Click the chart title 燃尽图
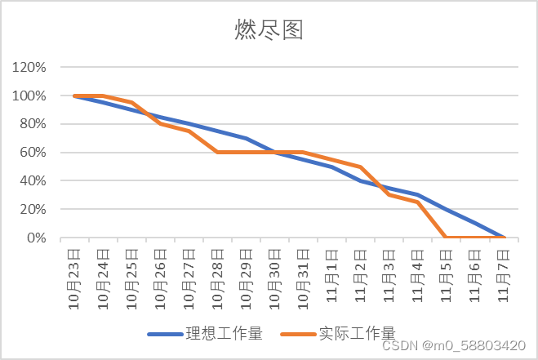269,30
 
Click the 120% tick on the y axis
29,68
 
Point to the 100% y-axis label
29,96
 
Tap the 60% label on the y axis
33,153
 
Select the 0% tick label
36,238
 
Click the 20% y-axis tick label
33,209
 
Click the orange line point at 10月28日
218,152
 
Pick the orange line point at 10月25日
131,103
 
